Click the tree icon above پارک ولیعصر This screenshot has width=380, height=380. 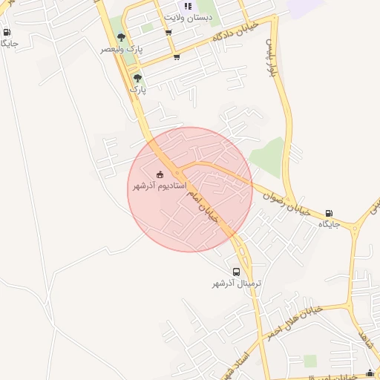[x=121, y=37]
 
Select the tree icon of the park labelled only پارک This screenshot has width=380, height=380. [x=137, y=77]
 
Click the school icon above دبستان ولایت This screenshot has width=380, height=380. [x=188, y=6]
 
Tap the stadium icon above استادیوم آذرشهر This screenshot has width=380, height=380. [x=160, y=174]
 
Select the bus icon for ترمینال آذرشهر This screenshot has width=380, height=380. [x=236, y=272]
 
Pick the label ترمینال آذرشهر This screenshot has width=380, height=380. [x=237, y=284]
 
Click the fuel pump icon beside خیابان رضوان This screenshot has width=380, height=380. [x=329, y=213]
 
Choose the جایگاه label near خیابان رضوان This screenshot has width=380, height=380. [x=329, y=223]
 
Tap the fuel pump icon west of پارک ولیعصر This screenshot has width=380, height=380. [x=7, y=32]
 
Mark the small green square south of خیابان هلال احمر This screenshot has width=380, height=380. [x=310, y=361]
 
